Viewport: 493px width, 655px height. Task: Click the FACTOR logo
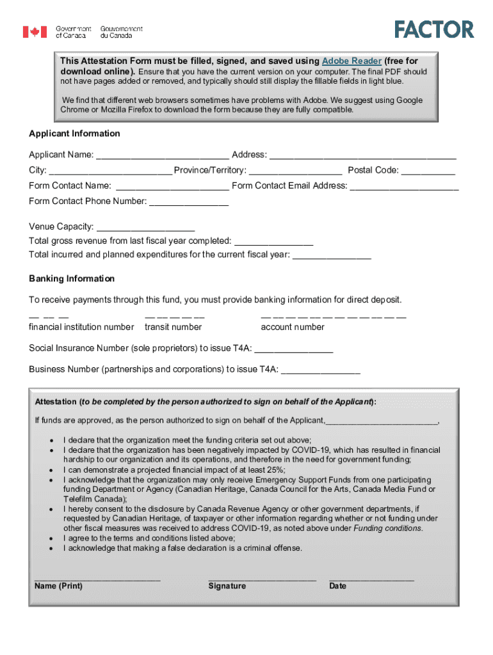pyautogui.click(x=434, y=29)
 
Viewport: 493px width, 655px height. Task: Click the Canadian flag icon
pyautogui.click(x=35, y=31)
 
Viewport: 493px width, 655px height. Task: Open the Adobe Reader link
pyautogui.click(x=352, y=61)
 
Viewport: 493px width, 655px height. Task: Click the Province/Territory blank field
pyautogui.click(x=295, y=171)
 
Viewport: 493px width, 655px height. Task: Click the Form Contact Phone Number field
pyautogui.click(x=189, y=202)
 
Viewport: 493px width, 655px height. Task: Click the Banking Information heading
pyautogui.click(x=72, y=279)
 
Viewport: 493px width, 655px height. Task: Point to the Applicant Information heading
pyautogui.click(x=74, y=134)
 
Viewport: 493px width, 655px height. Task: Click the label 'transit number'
pyautogui.click(x=173, y=327)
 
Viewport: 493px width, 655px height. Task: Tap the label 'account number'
pyautogui.click(x=293, y=327)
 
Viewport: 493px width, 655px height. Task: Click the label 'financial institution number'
pyautogui.click(x=81, y=327)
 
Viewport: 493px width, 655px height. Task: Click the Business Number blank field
pyautogui.click(x=321, y=370)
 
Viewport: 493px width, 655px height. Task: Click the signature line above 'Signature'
pyautogui.click(x=262, y=578)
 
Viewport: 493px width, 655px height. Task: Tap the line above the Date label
pyautogui.click(x=371, y=578)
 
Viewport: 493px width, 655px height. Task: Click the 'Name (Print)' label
pyautogui.click(x=58, y=587)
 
